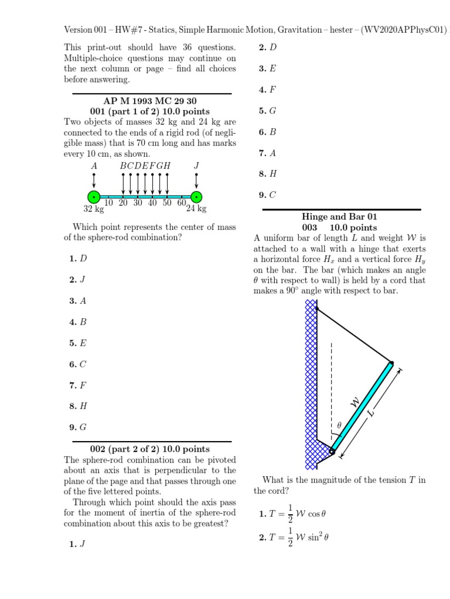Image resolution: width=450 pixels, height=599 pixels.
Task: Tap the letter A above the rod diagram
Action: [x=94, y=166]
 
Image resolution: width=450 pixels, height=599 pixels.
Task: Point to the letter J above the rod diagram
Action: [x=196, y=166]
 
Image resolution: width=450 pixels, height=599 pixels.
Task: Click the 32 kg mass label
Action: [x=94, y=208]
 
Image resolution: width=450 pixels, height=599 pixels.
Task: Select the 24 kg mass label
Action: [x=196, y=208]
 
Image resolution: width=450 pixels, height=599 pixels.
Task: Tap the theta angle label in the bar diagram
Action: [x=338, y=426]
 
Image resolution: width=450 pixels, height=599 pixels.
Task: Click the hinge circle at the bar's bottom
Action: [x=332, y=451]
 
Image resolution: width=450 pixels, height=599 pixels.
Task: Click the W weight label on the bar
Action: [x=354, y=402]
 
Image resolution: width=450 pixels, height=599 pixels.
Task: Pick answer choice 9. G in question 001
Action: [x=78, y=427]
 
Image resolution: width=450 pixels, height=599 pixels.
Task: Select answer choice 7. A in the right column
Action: [x=267, y=153]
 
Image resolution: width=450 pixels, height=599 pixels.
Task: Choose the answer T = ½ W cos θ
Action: [x=292, y=514]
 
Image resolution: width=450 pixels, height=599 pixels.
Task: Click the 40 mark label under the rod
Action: [x=152, y=203]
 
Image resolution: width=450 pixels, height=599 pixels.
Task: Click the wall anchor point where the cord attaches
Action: [x=316, y=308]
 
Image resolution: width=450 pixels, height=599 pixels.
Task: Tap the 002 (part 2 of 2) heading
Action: [x=150, y=449]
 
